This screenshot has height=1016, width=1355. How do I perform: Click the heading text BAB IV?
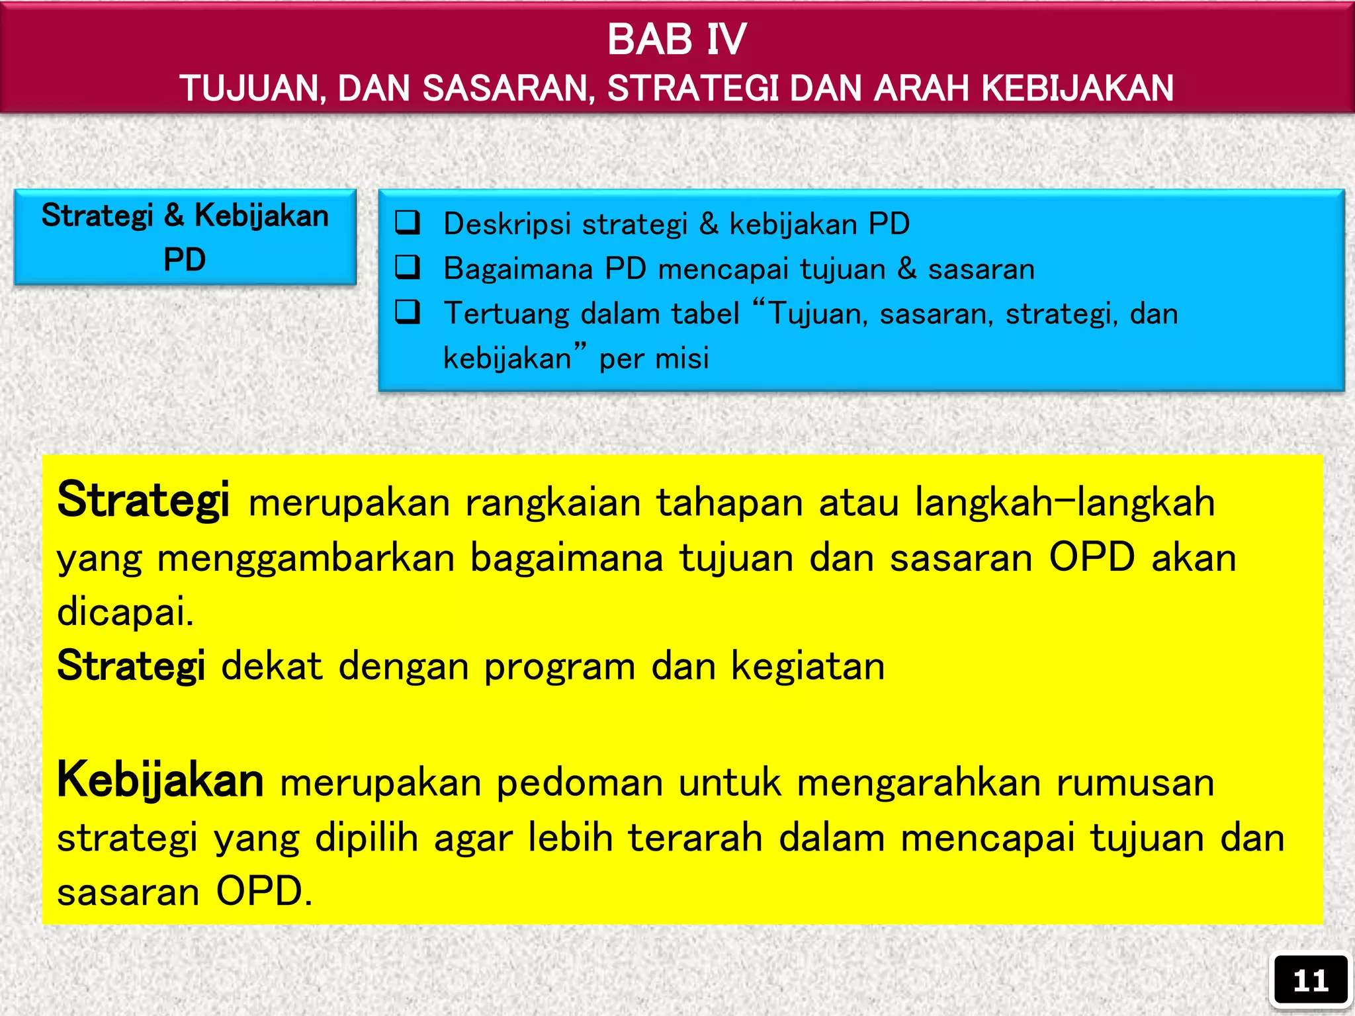point(677,40)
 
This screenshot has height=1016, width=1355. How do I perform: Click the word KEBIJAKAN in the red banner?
point(1078,89)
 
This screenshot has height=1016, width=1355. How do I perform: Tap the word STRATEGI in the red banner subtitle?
point(693,89)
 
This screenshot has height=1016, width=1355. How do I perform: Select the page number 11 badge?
point(1310,981)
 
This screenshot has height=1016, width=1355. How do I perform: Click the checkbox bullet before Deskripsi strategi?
point(408,223)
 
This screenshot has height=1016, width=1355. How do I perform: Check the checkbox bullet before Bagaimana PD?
point(408,267)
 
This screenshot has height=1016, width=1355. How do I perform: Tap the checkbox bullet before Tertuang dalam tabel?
point(408,312)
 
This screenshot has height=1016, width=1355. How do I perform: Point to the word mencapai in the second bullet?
point(724,269)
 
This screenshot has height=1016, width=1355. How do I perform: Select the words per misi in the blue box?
point(654,359)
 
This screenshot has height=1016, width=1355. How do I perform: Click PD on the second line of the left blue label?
point(185,259)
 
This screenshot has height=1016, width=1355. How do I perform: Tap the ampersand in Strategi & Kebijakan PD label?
point(173,216)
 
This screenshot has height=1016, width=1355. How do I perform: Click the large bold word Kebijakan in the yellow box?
point(160,780)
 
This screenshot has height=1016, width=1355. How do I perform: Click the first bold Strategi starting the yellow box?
point(143,500)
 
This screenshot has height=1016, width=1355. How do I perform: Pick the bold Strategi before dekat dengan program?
point(131,665)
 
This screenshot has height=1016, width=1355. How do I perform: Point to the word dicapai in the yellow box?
point(125,611)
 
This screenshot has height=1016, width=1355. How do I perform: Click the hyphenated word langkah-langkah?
point(1065,502)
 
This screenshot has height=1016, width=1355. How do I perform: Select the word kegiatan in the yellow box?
point(807,666)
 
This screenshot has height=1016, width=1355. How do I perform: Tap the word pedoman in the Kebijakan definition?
point(580,783)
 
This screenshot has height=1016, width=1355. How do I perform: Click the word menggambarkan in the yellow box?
point(306,558)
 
